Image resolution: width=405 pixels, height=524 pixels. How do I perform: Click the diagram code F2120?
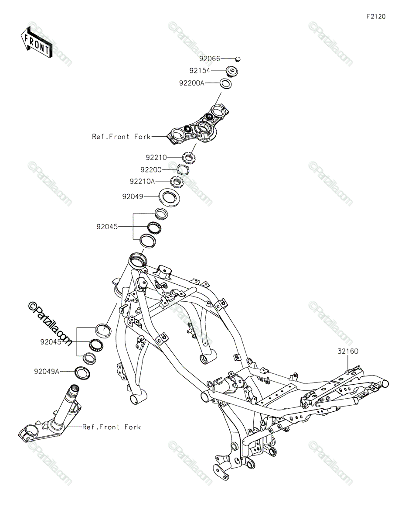(x=376, y=17)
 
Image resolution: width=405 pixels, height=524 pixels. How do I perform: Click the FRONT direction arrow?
(x=37, y=43)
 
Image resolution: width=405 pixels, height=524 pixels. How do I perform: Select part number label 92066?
(x=210, y=59)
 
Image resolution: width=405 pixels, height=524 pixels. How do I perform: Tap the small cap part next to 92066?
(x=238, y=59)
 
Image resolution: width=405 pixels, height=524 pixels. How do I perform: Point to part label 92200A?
(x=191, y=82)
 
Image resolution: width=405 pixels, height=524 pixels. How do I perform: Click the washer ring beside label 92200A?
(x=225, y=83)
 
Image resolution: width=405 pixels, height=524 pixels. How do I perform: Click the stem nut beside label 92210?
(x=189, y=156)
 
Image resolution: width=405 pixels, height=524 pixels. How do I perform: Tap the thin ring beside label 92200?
(x=183, y=169)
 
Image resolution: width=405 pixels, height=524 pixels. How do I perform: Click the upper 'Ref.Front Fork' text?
(x=121, y=137)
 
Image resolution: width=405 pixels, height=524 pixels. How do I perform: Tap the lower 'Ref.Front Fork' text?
(x=112, y=427)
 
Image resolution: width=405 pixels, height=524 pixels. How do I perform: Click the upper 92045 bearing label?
(x=107, y=227)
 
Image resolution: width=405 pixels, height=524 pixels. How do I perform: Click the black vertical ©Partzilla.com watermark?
(x=50, y=326)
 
